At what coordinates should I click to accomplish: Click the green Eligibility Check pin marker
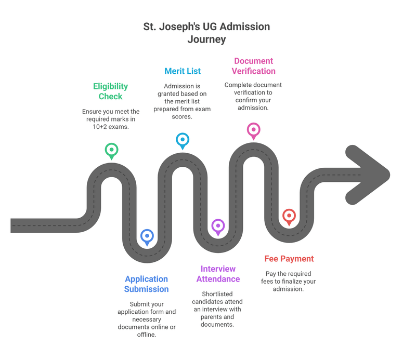point(111,151)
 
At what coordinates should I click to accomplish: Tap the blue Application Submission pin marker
point(147,237)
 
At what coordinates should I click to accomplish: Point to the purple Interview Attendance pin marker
point(218,226)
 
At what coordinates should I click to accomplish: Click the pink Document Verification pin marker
point(253,130)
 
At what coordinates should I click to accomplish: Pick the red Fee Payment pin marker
point(289,216)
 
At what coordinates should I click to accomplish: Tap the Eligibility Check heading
point(110,91)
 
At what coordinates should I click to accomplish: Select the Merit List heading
point(183,71)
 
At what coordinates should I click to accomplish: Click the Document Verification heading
point(253,66)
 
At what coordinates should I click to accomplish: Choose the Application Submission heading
point(147,284)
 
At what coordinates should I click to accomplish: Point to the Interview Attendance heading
point(218,274)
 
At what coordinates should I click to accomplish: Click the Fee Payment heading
point(289,259)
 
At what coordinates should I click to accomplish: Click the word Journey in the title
point(206,39)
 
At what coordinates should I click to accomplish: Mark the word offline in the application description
point(147,335)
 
